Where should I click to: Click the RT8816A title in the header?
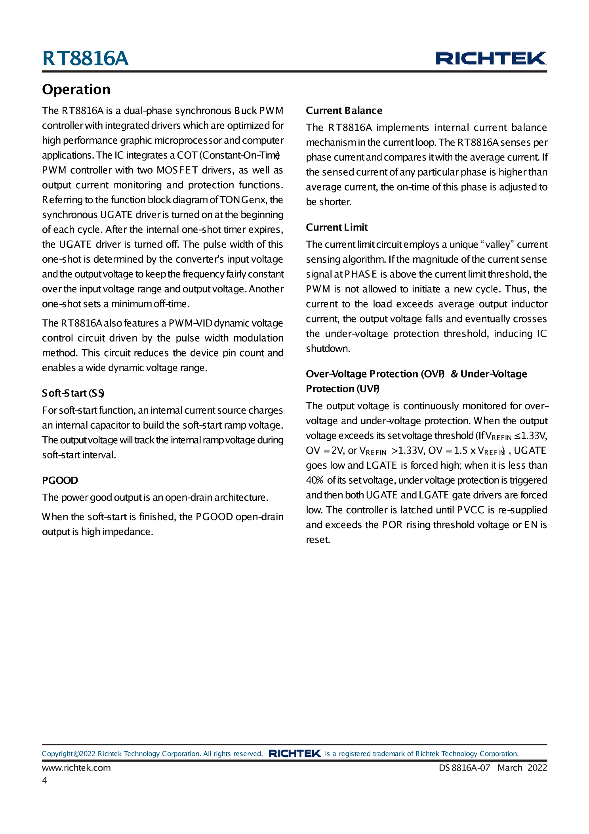click(85, 59)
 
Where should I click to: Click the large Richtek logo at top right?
click(491, 58)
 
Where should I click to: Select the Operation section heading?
click(76, 90)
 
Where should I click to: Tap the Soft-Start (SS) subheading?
click(73, 393)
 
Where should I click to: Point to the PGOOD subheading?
click(60, 480)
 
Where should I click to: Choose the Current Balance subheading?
click(344, 111)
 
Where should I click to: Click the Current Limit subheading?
click(337, 227)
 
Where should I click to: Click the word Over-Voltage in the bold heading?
click(336, 374)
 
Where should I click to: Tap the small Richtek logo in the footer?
click(294, 753)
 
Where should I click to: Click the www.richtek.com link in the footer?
click(76, 767)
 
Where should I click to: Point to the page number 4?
click(45, 780)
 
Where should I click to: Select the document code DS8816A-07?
click(464, 767)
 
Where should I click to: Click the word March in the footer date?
click(510, 767)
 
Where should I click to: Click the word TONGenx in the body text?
click(243, 200)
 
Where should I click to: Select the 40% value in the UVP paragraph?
click(315, 480)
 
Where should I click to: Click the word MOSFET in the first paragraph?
click(177, 170)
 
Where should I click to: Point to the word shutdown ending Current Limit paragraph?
click(328, 349)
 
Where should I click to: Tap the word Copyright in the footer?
click(57, 754)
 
